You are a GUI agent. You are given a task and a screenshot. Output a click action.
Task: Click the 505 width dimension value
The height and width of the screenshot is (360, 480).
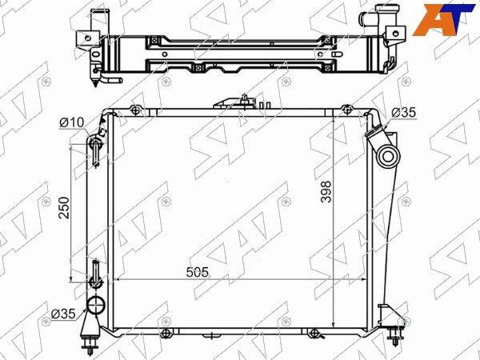(x=197, y=272)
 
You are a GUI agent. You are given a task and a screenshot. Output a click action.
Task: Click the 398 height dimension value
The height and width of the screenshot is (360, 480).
(x=326, y=192)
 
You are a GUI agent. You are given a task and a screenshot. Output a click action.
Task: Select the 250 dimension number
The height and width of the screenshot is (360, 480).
(x=64, y=207)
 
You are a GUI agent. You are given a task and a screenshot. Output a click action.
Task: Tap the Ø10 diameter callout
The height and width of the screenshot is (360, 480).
(x=72, y=122)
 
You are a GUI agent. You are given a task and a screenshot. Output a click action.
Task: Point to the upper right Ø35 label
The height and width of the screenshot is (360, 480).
(x=404, y=113)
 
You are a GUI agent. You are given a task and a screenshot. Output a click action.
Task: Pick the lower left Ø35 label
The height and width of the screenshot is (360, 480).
(x=63, y=314)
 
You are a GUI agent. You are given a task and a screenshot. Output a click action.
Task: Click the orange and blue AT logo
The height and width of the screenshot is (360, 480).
(x=443, y=19)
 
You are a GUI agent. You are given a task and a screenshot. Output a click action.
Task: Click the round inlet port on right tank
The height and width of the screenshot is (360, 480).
(x=388, y=157)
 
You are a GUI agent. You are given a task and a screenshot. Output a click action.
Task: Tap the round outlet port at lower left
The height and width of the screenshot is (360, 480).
(x=96, y=306)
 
